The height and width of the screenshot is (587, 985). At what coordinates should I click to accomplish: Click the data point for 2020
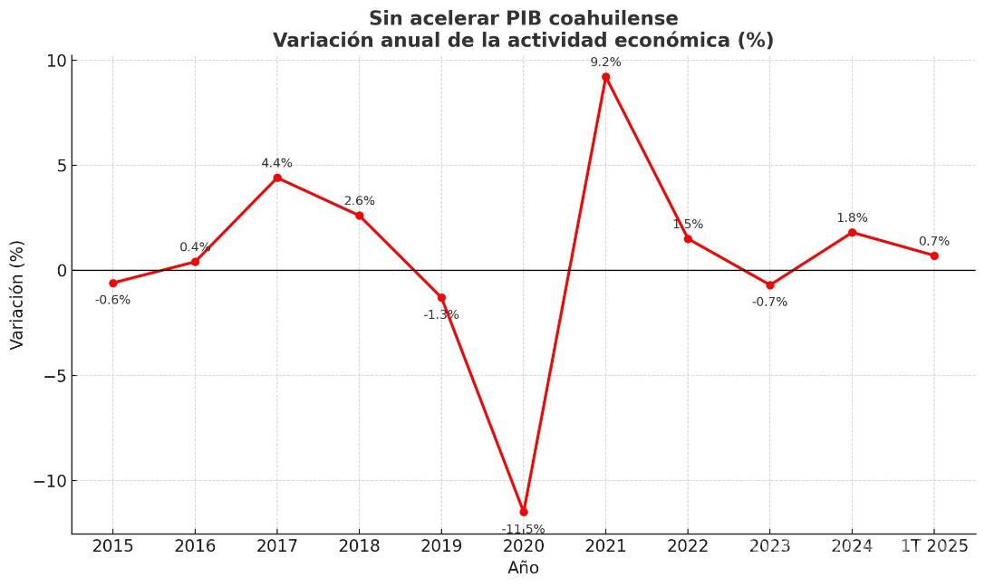pyautogui.click(x=524, y=512)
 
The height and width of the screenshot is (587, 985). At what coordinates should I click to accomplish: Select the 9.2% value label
pyautogui.click(x=605, y=63)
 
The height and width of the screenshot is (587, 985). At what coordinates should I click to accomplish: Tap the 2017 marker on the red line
pyautogui.click(x=277, y=178)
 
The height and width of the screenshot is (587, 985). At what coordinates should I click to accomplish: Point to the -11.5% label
pyautogui.click(x=524, y=529)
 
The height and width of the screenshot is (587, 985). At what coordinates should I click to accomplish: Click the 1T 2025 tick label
pyautogui.click(x=933, y=546)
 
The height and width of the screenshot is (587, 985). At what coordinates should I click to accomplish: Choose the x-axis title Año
pyautogui.click(x=523, y=569)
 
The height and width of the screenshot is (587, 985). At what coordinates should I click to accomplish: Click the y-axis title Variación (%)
pyautogui.click(x=17, y=294)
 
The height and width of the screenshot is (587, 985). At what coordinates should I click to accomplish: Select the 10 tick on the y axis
pyautogui.click(x=56, y=61)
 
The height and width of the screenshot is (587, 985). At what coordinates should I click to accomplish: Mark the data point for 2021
pyautogui.click(x=605, y=77)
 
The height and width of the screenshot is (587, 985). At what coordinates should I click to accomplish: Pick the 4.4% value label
pyautogui.click(x=277, y=164)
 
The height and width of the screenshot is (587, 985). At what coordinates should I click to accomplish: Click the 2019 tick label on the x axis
pyautogui.click(x=441, y=546)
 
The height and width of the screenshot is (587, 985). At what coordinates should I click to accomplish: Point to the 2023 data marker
pyautogui.click(x=770, y=285)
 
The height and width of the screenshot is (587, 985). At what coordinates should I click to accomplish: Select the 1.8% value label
pyautogui.click(x=852, y=218)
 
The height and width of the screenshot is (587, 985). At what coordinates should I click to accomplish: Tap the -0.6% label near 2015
pyautogui.click(x=113, y=300)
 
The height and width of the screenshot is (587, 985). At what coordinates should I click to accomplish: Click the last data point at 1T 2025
pyautogui.click(x=934, y=255)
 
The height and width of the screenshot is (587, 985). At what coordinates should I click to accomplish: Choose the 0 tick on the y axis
pyautogui.click(x=61, y=271)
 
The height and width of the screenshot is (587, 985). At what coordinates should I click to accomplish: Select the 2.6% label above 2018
pyautogui.click(x=360, y=201)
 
